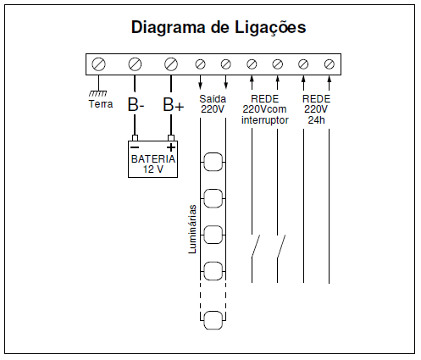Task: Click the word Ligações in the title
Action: click(270, 28)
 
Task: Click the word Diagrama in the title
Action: click(169, 27)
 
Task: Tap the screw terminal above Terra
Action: click(98, 64)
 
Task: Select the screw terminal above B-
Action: click(135, 64)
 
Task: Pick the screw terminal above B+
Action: click(171, 64)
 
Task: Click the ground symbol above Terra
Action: click(98, 93)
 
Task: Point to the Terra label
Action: click(101, 104)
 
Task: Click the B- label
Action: click(136, 104)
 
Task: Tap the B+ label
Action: click(174, 104)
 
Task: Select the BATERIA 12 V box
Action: click(152, 159)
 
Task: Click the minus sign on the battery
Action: click(135, 147)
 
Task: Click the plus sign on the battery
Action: click(171, 147)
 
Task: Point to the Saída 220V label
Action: click(213, 104)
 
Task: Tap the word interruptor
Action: click(265, 120)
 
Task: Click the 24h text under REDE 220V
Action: click(316, 120)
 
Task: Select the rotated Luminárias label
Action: click(192, 229)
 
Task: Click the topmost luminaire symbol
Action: click(213, 162)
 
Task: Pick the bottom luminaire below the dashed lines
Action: click(213, 320)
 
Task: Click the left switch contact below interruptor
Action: click(255, 246)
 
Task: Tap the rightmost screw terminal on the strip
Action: click(330, 64)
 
